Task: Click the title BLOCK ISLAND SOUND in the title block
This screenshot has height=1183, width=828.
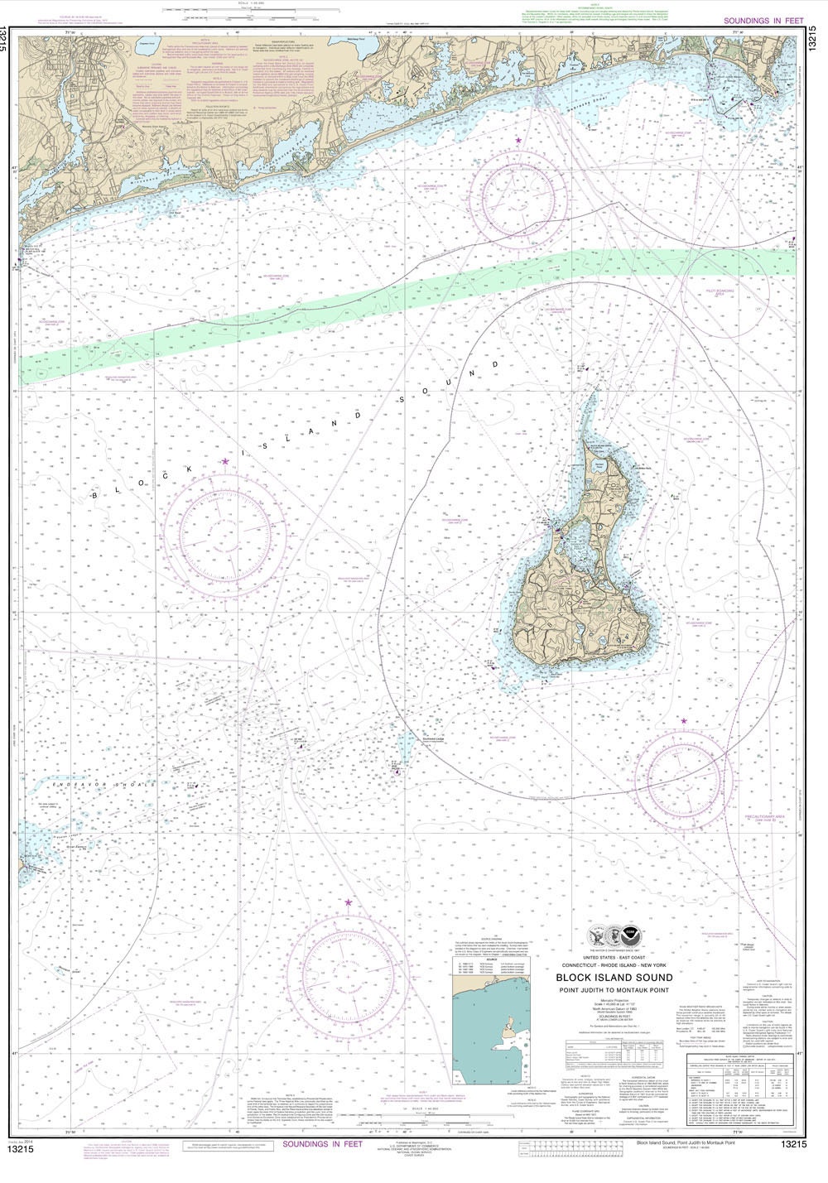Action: (x=625, y=977)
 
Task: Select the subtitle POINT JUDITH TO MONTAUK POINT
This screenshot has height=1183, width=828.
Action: (x=625, y=987)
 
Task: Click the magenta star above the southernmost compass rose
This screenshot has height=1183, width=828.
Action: (x=348, y=902)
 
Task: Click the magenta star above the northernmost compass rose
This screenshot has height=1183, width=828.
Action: (x=519, y=142)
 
